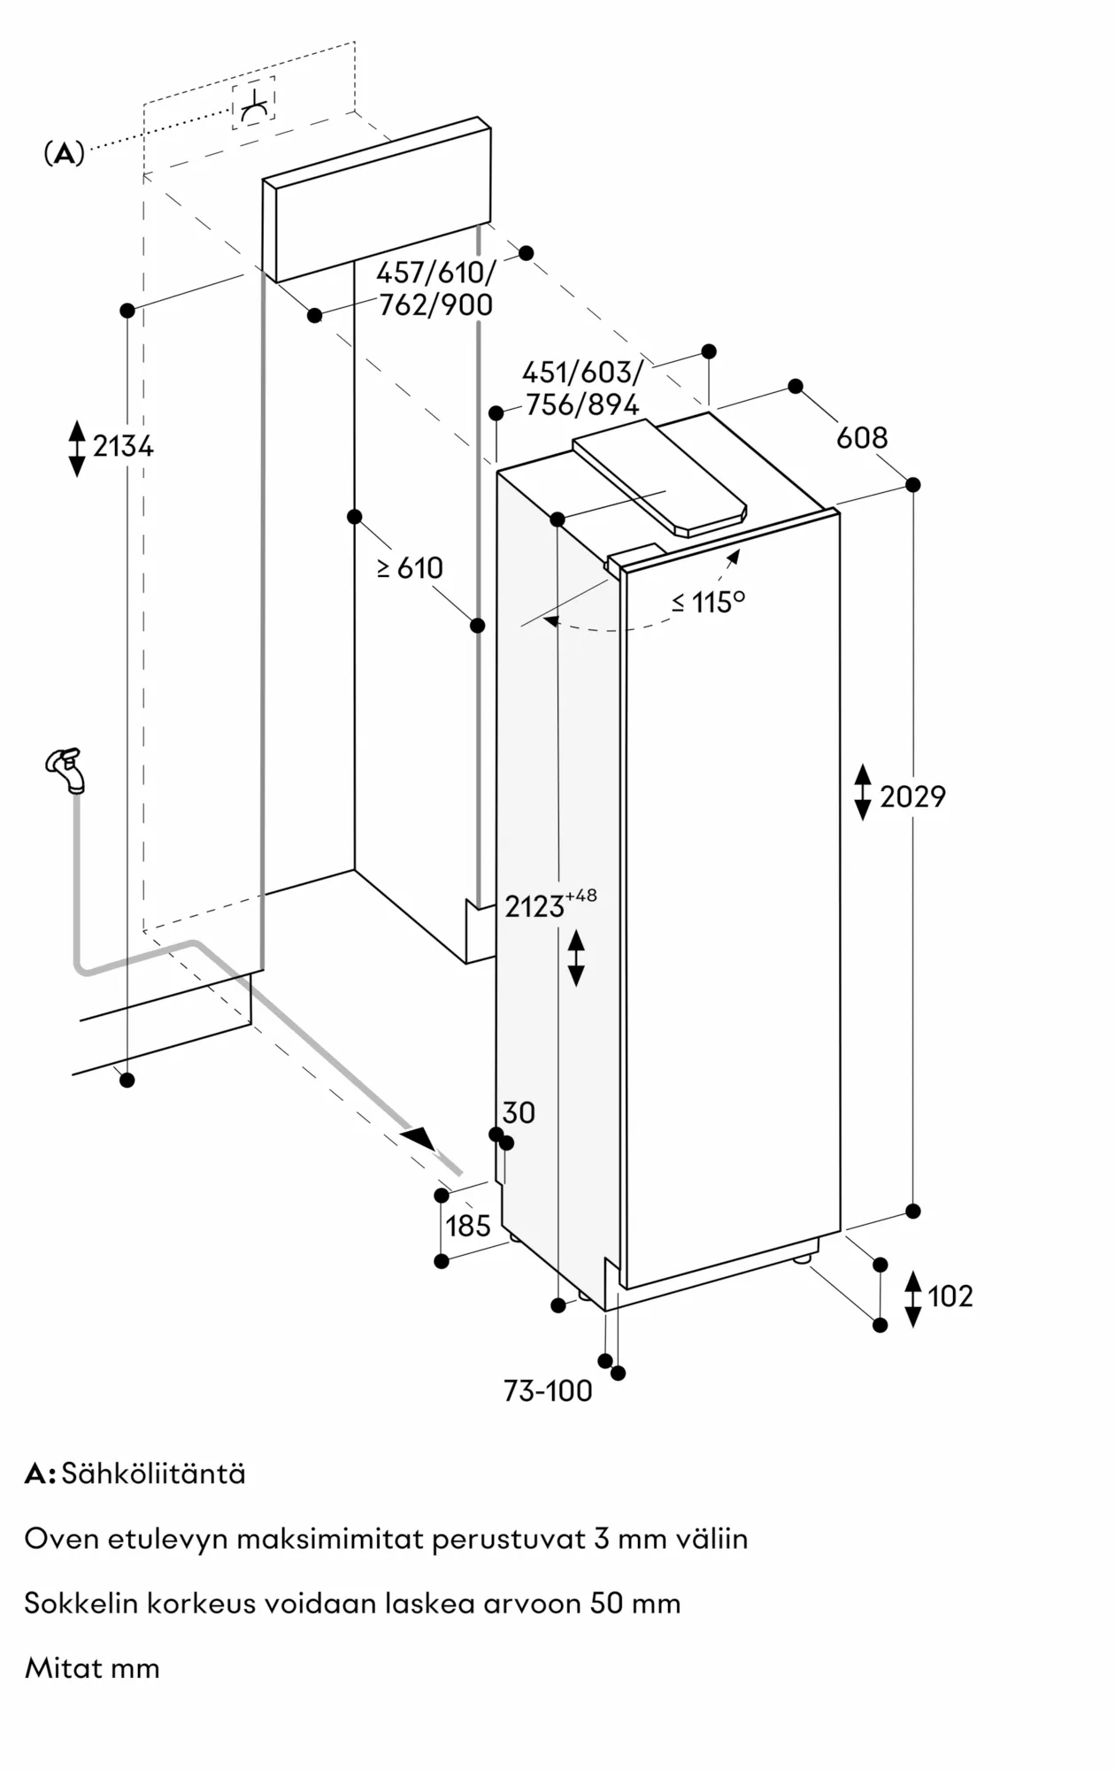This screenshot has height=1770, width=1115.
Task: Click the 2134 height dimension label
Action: click(x=123, y=447)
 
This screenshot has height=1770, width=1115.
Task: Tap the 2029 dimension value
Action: click(x=912, y=797)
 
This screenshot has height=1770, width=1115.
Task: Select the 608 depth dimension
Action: click(x=861, y=438)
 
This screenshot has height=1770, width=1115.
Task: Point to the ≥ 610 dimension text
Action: click(x=411, y=568)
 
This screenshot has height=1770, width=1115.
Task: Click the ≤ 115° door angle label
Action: click(x=708, y=603)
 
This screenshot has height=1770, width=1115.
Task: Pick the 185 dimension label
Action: click(x=467, y=1227)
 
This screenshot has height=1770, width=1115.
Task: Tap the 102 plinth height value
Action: click(x=950, y=1297)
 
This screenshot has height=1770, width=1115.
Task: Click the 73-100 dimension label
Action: click(x=548, y=1391)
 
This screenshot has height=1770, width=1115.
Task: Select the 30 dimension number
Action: click(x=519, y=1112)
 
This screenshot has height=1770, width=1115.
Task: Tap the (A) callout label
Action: click(x=64, y=154)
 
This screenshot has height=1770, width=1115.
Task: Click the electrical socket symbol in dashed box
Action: click(x=253, y=104)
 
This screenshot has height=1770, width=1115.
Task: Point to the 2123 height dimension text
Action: click(x=534, y=907)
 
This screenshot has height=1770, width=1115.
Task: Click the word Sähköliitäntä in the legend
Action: click(x=153, y=1474)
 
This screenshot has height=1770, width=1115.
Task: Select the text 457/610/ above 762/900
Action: click(x=435, y=273)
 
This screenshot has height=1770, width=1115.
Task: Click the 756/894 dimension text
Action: click(x=581, y=405)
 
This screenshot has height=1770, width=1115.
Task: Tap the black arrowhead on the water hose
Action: click(x=419, y=1138)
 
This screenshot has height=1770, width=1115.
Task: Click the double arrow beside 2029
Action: click(x=862, y=792)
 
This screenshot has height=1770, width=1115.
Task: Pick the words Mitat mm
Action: click(x=92, y=1669)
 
